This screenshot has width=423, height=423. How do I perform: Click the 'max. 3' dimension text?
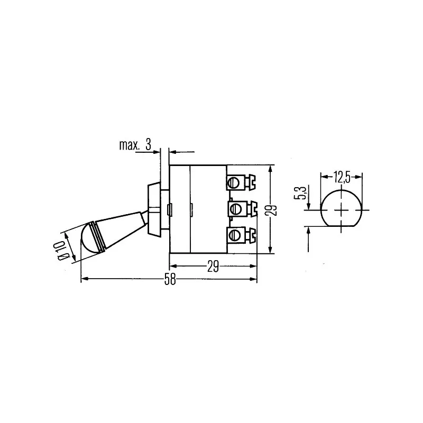click(135, 145)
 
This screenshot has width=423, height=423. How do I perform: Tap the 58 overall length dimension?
click(170, 279)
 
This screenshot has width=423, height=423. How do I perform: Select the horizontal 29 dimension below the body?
click(213, 266)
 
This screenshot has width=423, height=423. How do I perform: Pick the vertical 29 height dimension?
click(273, 210)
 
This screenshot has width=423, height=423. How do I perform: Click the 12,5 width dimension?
click(342, 177)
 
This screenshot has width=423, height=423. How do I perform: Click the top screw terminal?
click(241, 182)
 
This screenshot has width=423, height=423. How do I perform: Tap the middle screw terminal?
click(243, 208)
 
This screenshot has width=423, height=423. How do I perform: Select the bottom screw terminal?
click(241, 235)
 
